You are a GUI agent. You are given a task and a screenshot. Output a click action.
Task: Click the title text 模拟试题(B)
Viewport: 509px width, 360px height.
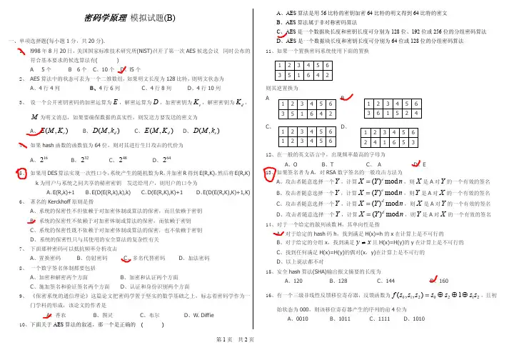coord(152,18)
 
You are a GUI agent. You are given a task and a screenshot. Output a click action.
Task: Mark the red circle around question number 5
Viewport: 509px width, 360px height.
coord(21,172)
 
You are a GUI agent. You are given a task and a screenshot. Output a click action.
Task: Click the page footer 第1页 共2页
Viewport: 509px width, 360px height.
coord(253,355)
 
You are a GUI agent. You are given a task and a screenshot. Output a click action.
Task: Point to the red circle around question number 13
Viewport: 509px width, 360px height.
coord(270,172)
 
